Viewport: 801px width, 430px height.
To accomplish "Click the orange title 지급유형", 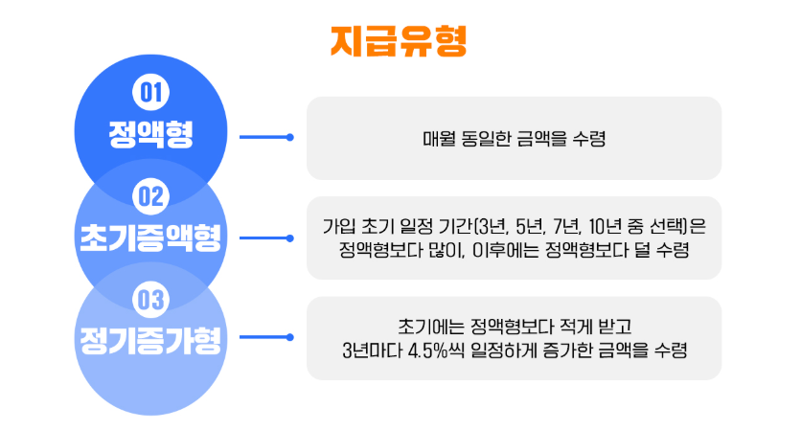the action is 399,41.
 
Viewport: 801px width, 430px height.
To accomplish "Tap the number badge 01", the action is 150,93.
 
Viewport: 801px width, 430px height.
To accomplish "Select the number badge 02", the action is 150,196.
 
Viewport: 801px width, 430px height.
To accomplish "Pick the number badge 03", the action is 150,299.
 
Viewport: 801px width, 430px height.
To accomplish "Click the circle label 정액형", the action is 150,134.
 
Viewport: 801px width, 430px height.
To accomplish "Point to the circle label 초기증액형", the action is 150,238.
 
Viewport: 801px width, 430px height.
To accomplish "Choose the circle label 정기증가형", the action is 150,340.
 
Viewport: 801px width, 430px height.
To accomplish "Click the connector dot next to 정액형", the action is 290,137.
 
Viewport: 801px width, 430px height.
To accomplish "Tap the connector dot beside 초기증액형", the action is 290,238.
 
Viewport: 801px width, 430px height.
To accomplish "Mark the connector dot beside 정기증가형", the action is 290,337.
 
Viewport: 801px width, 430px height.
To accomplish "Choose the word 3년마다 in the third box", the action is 373,351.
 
